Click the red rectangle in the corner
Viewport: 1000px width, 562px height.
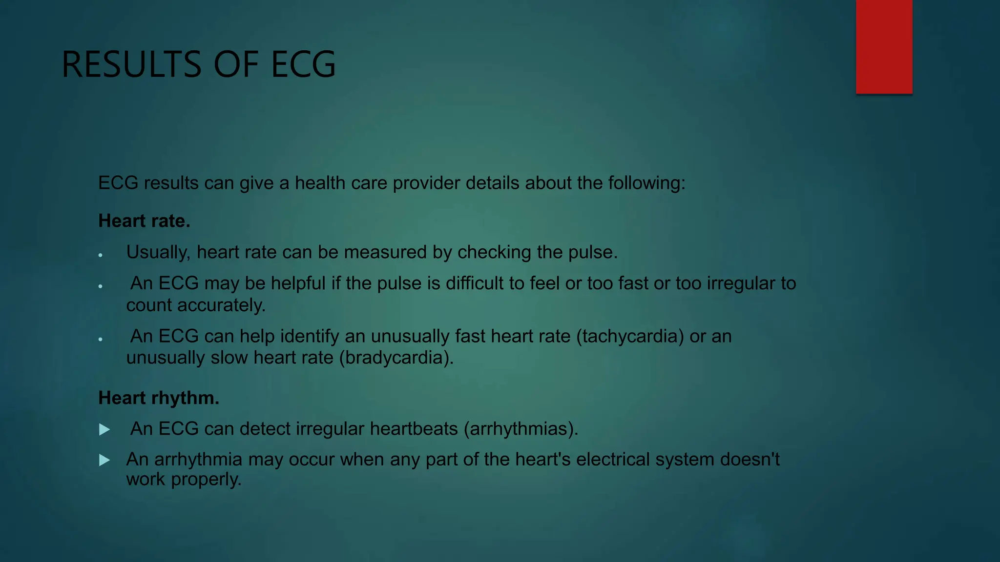(x=884, y=46)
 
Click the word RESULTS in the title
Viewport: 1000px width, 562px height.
(x=131, y=64)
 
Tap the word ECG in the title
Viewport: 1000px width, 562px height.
(x=303, y=64)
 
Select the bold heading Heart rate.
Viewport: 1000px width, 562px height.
(x=144, y=221)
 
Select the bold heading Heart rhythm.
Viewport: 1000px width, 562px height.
(x=159, y=398)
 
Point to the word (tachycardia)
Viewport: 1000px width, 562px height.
(x=630, y=336)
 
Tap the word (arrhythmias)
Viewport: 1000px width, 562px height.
(x=521, y=429)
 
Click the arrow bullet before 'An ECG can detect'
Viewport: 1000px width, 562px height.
(x=104, y=429)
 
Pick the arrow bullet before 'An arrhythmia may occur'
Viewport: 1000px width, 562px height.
(x=104, y=460)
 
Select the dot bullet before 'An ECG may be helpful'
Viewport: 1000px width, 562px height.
(x=100, y=286)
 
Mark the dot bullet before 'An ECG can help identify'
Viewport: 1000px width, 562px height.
(x=100, y=339)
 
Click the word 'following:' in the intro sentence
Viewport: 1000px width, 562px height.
(x=646, y=183)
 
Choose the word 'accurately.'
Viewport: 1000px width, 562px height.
(x=221, y=305)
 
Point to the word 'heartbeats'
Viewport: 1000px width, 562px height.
(x=414, y=429)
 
